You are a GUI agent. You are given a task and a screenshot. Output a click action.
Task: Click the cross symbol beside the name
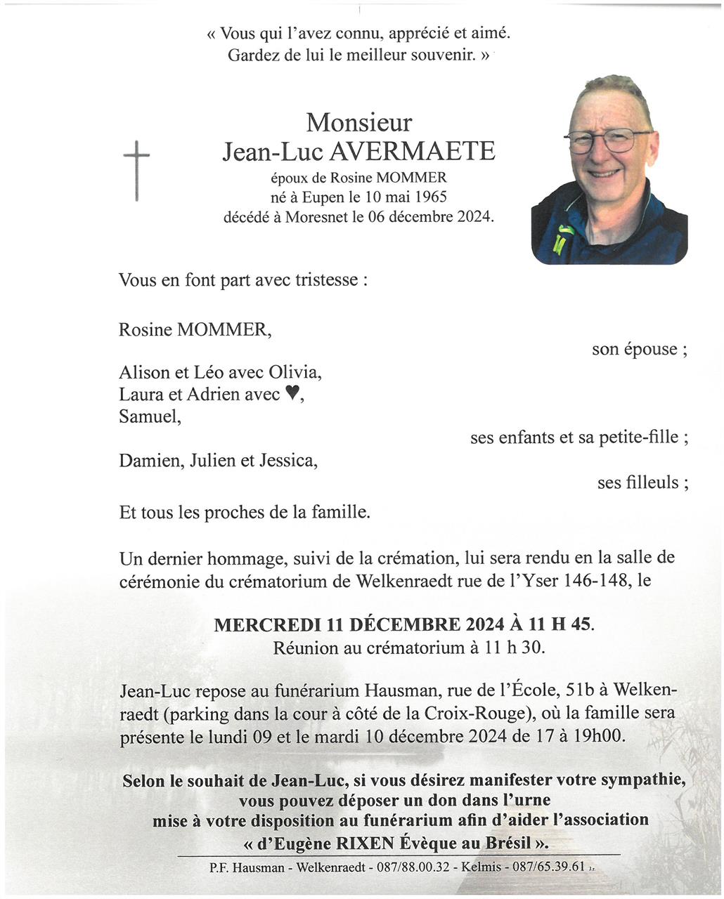[136, 169]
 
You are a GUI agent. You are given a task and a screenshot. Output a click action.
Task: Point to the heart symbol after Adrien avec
[293, 394]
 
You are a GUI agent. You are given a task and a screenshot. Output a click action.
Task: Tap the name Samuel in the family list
[148, 416]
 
